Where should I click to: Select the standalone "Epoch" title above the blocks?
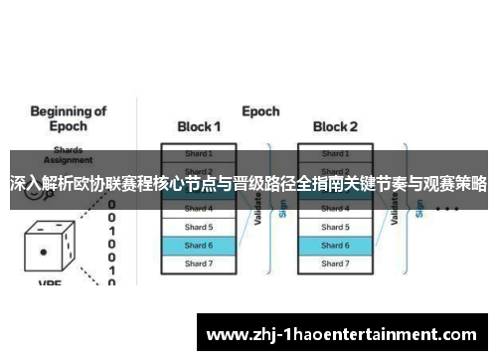(259, 110)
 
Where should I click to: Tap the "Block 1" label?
(199, 127)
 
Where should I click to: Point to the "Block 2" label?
(335, 127)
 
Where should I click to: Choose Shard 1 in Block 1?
(199, 154)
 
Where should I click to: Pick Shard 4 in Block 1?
(199, 209)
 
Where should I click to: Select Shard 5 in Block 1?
(199, 227)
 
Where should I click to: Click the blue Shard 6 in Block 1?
(199, 245)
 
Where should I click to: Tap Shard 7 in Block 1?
(199, 264)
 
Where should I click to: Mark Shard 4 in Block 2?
(335, 209)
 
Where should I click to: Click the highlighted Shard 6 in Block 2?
(335, 245)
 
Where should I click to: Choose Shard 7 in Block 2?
(335, 264)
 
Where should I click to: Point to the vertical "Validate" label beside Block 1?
(257, 209)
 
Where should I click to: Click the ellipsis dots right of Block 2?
(446, 210)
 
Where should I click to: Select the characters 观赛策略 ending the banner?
(457, 184)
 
